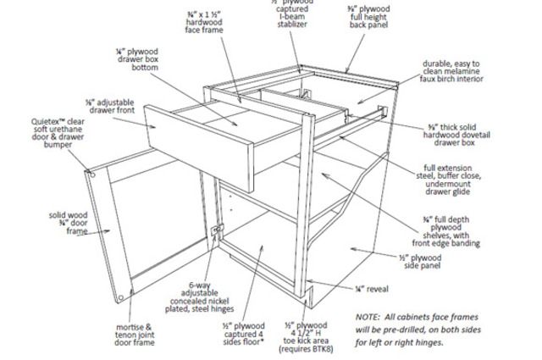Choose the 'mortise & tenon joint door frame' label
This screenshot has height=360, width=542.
click(x=135, y=335)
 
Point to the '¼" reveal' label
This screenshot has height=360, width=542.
click(x=372, y=289)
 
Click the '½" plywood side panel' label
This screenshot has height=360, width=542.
click(x=420, y=261)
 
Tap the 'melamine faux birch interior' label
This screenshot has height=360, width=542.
click(x=451, y=73)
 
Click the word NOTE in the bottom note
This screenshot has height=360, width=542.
click(x=368, y=316)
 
